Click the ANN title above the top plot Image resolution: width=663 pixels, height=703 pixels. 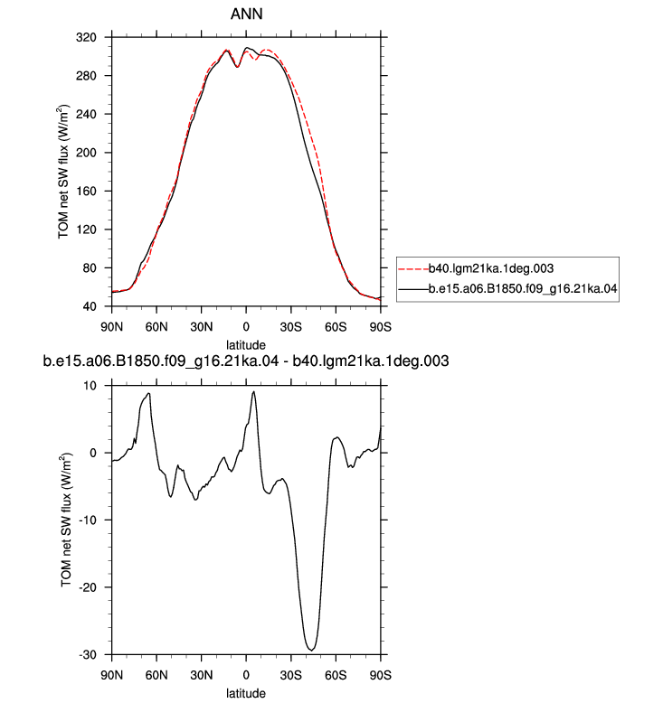(246, 14)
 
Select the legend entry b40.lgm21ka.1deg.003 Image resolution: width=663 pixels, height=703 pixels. (491, 268)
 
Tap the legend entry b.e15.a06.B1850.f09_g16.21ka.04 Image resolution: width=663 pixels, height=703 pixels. (523, 289)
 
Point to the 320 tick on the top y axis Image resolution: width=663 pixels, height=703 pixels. (86, 37)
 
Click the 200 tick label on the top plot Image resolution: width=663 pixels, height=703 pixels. (86, 153)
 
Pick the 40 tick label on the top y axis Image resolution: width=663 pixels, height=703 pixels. (90, 306)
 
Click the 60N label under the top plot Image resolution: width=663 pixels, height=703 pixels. (156, 327)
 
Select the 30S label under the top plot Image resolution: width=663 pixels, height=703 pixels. (291, 327)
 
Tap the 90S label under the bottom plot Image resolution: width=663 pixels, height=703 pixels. (381, 675)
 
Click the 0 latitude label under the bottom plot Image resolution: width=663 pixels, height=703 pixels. (246, 675)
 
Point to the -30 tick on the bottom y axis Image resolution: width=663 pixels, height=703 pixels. (88, 655)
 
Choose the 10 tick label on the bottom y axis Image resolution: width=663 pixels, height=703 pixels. (90, 386)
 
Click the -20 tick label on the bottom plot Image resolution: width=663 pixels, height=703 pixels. (88, 587)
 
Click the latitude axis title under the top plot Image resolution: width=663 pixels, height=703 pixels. (246, 345)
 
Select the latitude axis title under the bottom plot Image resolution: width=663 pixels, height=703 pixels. (246, 693)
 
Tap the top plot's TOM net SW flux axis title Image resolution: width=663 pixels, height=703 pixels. (63, 172)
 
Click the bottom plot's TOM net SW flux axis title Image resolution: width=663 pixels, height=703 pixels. (66, 520)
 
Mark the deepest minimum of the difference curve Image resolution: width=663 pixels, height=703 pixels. (311, 650)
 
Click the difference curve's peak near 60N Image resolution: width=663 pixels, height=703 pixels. (148, 394)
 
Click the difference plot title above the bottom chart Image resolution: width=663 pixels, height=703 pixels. (246, 361)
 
